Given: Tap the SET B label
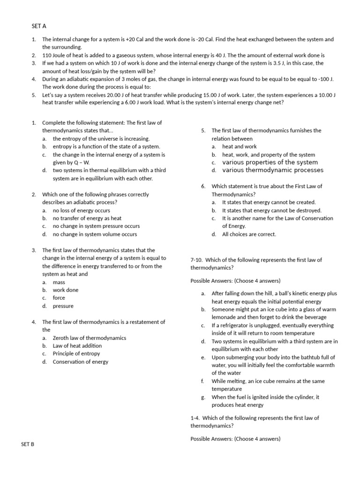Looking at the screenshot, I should [x=27, y=443].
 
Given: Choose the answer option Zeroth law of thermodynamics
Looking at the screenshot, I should [x=89, y=338].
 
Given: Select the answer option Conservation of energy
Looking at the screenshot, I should [x=80, y=361].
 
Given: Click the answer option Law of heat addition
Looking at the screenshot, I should [x=77, y=346].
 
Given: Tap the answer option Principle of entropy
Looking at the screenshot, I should [x=76, y=353].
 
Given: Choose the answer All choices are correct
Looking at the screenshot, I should [x=249, y=234].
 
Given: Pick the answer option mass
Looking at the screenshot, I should [x=59, y=282].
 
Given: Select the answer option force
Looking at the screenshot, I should [x=59, y=298].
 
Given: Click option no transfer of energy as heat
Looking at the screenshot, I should [x=87, y=218].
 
